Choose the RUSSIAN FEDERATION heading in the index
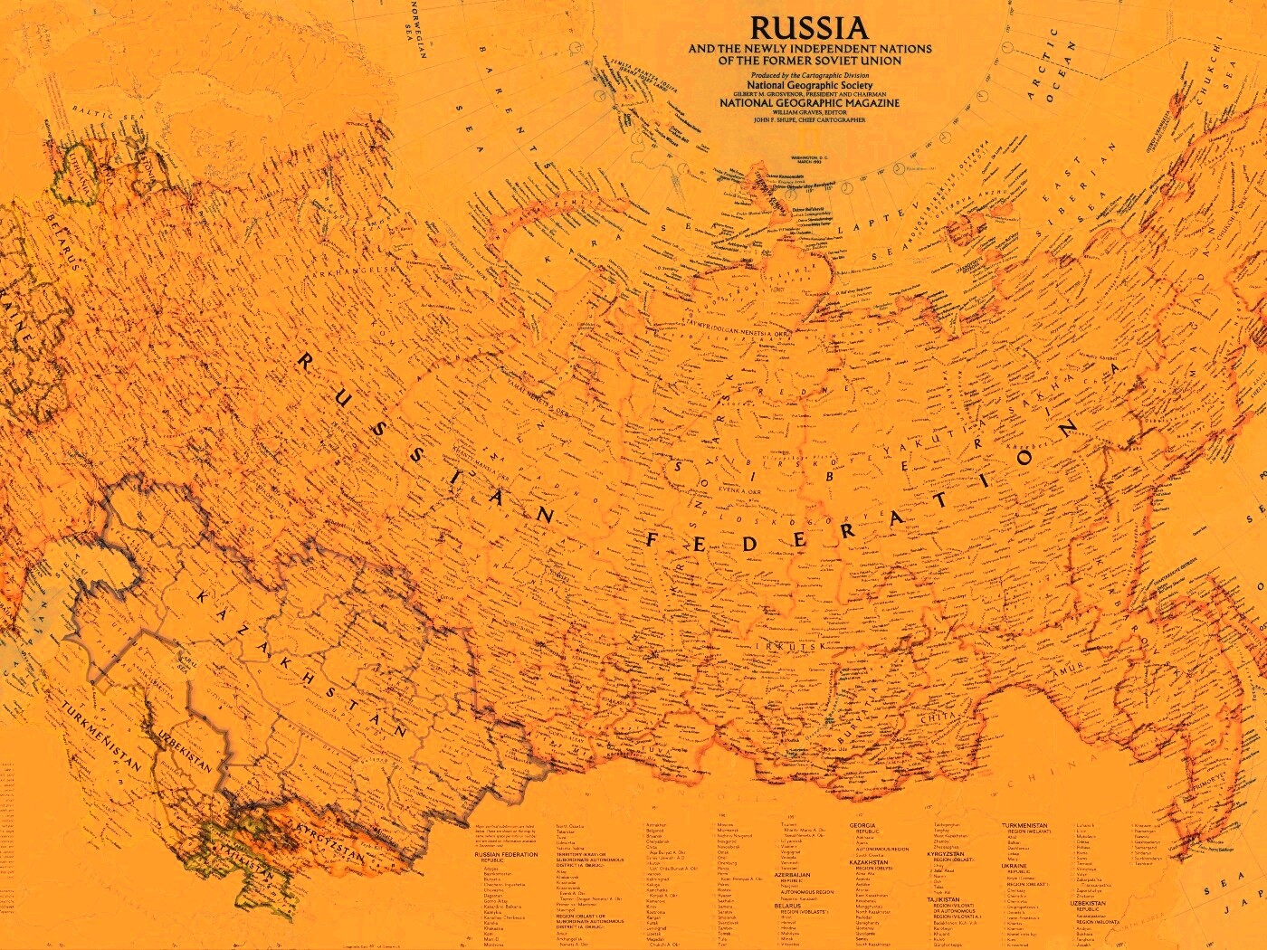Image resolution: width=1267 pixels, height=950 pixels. [506, 854]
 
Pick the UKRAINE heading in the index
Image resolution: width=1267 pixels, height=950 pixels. [1015, 866]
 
